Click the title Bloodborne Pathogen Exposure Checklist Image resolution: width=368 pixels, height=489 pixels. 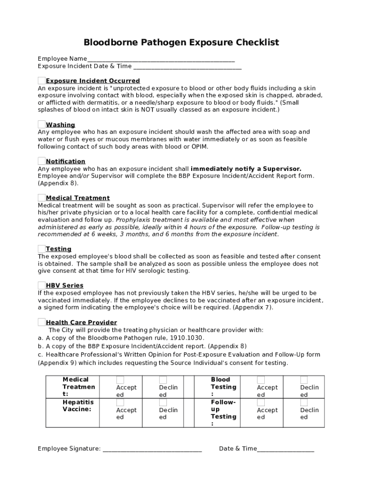point(181,43)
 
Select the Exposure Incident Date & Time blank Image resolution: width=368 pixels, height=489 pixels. point(187,67)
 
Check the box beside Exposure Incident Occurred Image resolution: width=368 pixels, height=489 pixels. point(42,80)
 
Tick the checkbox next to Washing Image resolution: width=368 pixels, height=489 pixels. point(42,124)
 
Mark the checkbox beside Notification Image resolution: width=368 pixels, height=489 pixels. point(42,161)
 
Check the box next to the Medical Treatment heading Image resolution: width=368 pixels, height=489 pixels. point(42,197)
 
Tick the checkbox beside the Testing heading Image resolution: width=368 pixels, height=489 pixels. point(42,248)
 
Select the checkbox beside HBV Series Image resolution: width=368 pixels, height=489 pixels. point(42,285)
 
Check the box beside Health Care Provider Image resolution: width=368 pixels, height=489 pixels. point(42,322)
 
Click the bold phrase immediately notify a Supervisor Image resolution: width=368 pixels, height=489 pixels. point(246,169)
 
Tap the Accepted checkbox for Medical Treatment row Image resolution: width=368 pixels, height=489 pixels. point(120,380)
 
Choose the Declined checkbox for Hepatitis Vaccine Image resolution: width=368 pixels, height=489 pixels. point(163,403)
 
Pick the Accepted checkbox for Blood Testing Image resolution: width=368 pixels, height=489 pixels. point(261,380)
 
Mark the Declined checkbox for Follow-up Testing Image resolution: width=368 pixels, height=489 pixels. point(304,403)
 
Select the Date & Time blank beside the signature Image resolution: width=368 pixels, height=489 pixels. point(285,449)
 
